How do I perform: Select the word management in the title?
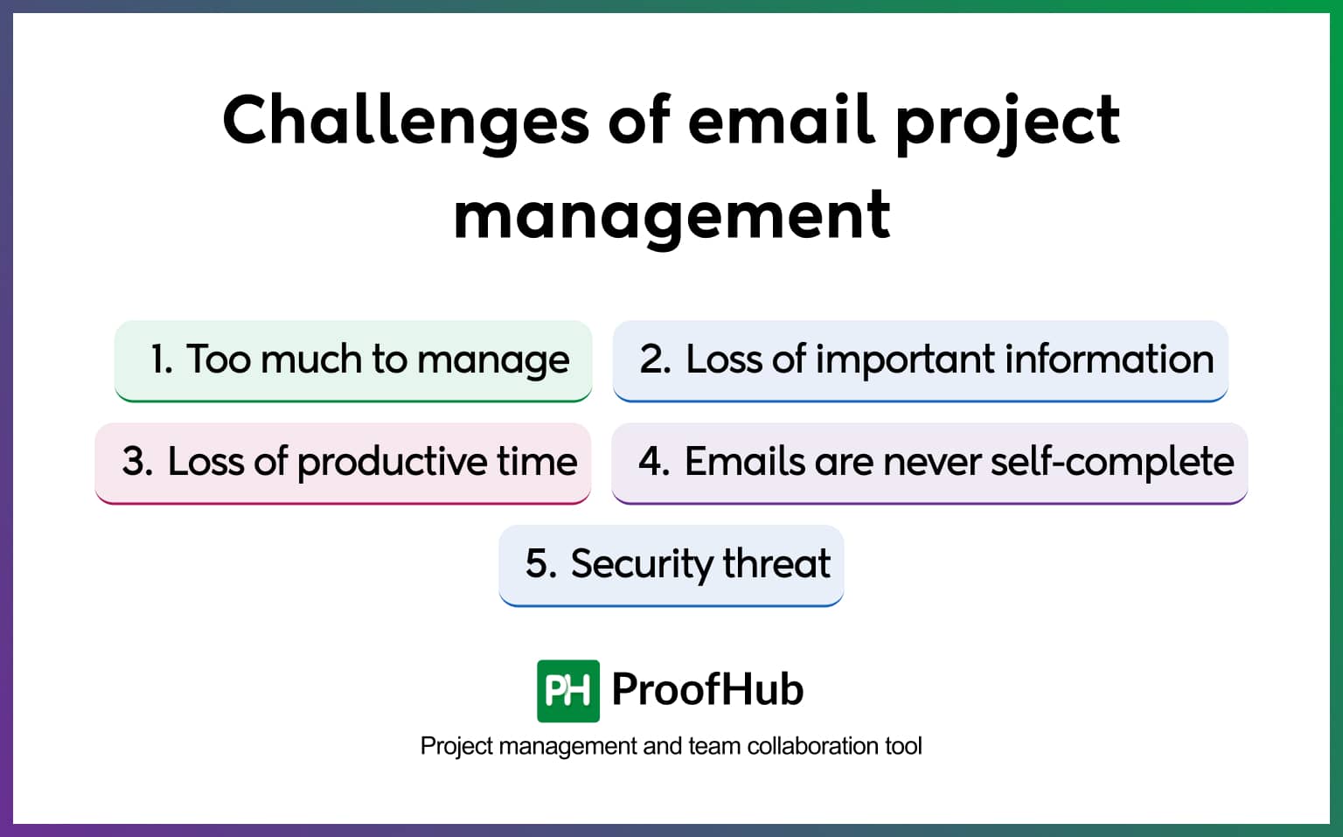671,216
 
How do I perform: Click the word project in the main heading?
1007,121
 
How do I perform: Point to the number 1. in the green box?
161,359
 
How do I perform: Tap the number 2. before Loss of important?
655,359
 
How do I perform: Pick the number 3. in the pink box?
137,462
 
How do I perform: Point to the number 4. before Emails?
653,462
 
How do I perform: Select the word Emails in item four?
744,462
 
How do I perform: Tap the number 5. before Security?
540,564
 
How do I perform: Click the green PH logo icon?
568,691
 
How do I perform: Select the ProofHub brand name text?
706,689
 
